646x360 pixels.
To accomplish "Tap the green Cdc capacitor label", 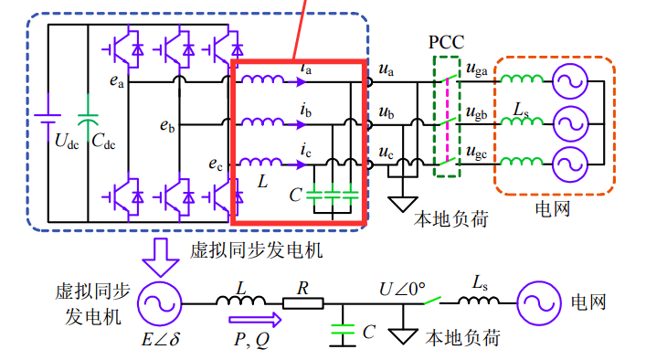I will (103, 142).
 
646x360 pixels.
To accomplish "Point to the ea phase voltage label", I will (117, 81).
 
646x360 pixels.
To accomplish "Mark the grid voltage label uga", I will (475, 69).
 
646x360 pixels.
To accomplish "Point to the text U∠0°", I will (402, 289).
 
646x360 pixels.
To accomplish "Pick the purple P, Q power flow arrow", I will (256, 321).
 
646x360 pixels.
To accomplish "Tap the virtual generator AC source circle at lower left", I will (159, 302).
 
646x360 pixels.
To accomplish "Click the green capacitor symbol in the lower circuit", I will (343, 332).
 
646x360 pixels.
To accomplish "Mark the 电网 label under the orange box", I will (556, 210).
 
